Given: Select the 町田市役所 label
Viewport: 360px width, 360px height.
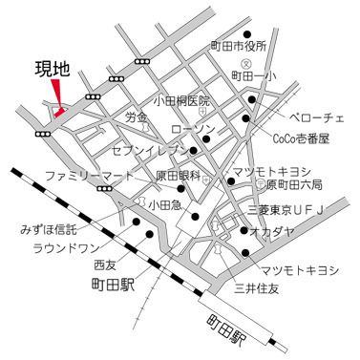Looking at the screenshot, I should (240, 45).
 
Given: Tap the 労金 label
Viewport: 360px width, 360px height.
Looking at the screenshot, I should (137, 117).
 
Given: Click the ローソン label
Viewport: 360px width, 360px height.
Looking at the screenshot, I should (194, 128).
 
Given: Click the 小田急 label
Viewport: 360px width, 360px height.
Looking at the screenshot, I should (163, 203).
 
